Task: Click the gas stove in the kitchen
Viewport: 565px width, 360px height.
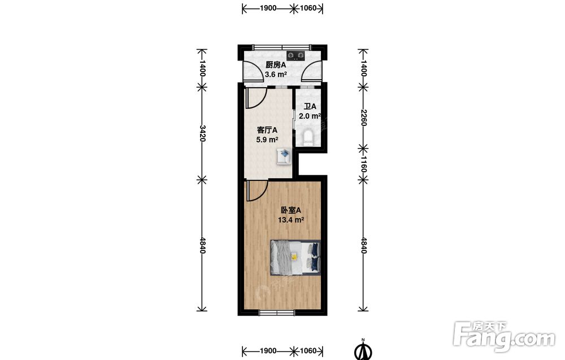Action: (x=296, y=55)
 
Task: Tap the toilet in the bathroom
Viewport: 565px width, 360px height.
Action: (x=308, y=137)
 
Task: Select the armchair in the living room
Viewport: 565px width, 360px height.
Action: (x=284, y=157)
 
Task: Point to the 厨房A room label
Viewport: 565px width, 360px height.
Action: (x=276, y=65)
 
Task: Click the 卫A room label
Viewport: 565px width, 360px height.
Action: (x=310, y=107)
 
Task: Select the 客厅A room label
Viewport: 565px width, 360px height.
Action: (x=267, y=130)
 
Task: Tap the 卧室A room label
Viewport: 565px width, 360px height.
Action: (x=291, y=210)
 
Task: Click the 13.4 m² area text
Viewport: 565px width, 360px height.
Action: (x=291, y=220)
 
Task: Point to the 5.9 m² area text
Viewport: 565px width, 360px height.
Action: (x=267, y=140)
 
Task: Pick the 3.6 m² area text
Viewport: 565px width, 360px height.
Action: (x=276, y=75)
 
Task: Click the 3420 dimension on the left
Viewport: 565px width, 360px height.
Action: (x=202, y=133)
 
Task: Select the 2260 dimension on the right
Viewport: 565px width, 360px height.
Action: (x=363, y=118)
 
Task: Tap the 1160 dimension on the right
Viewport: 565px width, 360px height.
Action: (x=363, y=163)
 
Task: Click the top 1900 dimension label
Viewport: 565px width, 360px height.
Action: (x=268, y=8)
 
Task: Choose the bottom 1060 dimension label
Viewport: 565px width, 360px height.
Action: (x=308, y=350)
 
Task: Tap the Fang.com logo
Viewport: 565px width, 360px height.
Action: (x=504, y=337)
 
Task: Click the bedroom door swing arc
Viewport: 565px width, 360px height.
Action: (x=263, y=193)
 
